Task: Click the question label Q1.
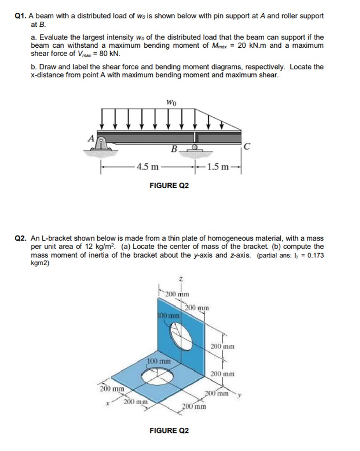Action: pos(20,16)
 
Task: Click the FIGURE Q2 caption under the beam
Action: pos(169,185)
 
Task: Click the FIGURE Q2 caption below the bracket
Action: pos(169,430)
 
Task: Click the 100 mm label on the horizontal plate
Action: pos(159,360)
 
